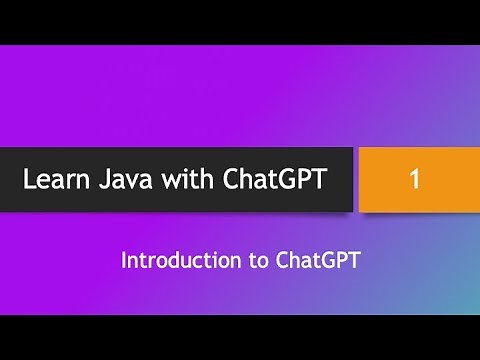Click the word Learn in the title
[56, 181]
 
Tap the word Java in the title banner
[127, 181]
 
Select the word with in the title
[191, 181]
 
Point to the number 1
[415, 180]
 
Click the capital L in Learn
[30, 181]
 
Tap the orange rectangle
[415, 180]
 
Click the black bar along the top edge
[240, 21]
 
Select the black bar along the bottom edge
[240, 338]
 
